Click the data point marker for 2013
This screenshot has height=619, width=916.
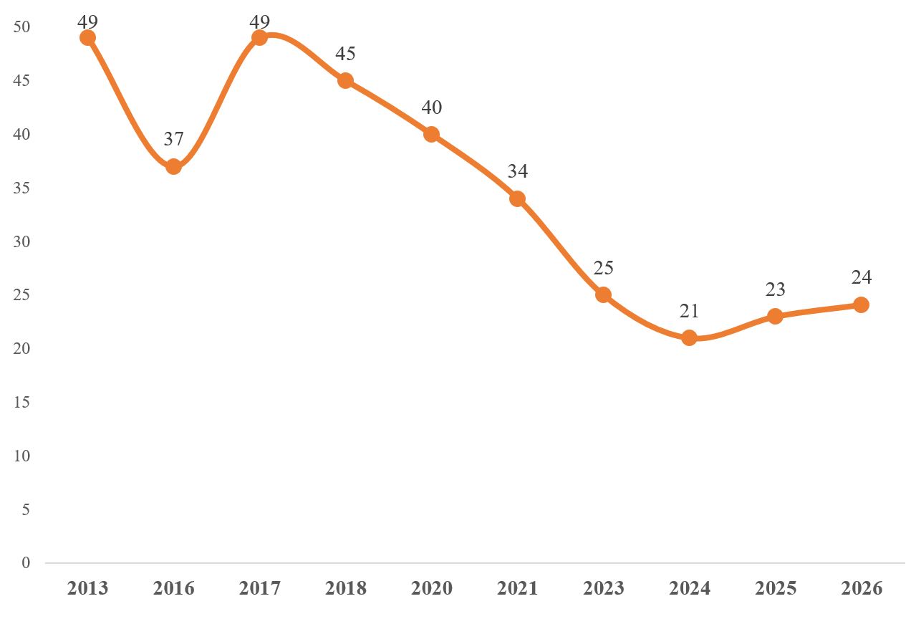click(x=88, y=37)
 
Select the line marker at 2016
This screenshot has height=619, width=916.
click(x=173, y=166)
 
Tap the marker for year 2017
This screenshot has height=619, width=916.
click(x=260, y=37)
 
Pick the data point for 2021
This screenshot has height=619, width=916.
click(x=517, y=198)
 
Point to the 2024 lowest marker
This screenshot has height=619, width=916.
click(x=689, y=337)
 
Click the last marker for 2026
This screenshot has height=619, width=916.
click(x=861, y=304)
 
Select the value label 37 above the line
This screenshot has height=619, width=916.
click(x=173, y=139)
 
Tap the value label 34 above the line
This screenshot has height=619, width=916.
click(x=517, y=171)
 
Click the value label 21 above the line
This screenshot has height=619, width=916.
click(x=689, y=311)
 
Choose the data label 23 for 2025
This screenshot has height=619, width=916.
click(x=775, y=289)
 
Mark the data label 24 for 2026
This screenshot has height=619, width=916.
click(x=861, y=278)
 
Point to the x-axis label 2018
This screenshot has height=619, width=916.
click(x=345, y=588)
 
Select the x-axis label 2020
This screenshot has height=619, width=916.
click(x=431, y=588)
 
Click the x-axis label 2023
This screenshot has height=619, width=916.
click(x=603, y=588)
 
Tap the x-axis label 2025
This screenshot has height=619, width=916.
click(x=775, y=588)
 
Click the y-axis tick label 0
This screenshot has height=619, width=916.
click(x=26, y=563)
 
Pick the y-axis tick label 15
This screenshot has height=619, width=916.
click(x=22, y=403)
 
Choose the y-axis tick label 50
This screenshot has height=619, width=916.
click(x=22, y=27)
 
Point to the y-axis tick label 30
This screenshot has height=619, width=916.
click(x=22, y=241)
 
